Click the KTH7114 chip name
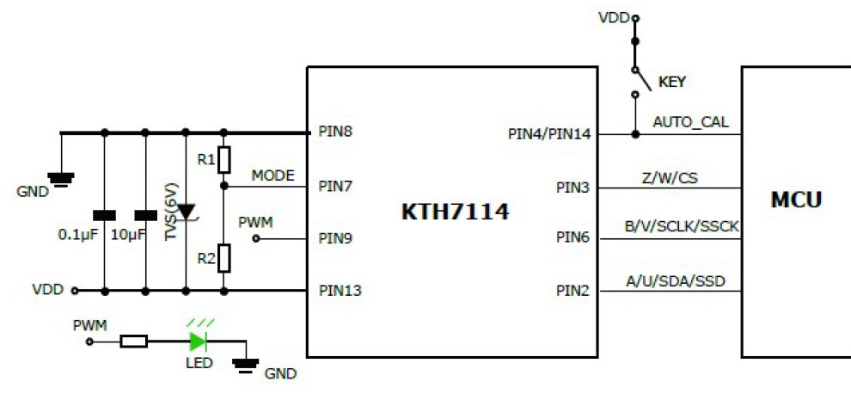[455, 212]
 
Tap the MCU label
[795, 200]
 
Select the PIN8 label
[335, 133]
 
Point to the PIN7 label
[335, 185]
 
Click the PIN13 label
[340, 290]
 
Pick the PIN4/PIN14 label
[548, 134]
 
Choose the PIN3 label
[572, 188]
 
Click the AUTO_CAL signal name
[690, 122]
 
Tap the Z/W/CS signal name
[670, 176]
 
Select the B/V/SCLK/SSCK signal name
[682, 227]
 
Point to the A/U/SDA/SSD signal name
[675, 280]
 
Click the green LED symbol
[199, 341]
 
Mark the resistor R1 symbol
[223, 159]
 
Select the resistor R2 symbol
[223, 256]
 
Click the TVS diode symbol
[185, 212]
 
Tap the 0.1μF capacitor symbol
[105, 214]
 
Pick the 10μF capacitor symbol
[144, 214]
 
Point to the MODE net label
[272, 175]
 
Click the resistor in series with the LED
[133, 341]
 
